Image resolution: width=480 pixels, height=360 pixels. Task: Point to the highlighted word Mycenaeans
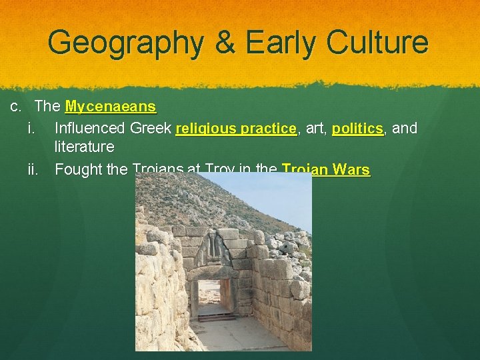[111, 107]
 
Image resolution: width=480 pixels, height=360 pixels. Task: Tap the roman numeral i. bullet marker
[31, 128]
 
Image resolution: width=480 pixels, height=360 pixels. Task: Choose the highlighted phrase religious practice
[235, 128]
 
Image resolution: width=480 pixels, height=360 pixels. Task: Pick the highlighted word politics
[357, 128]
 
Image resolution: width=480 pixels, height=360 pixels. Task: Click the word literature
[84, 147]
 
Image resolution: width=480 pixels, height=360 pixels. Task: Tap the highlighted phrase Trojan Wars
[326, 169]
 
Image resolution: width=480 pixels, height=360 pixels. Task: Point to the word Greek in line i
[151, 128]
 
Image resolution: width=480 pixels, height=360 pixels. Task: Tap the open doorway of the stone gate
[211, 297]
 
